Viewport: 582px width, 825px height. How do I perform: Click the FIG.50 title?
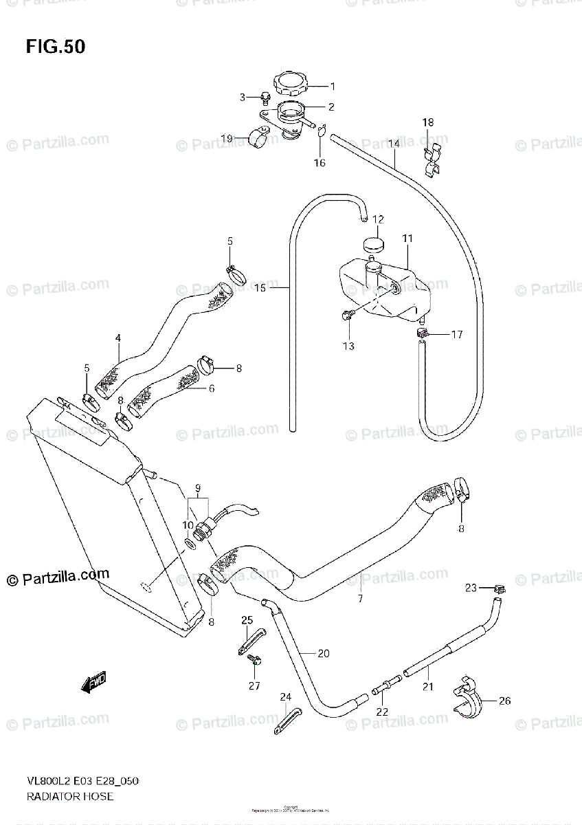pos(56,47)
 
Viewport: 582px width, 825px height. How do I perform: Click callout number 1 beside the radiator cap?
pos(332,87)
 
